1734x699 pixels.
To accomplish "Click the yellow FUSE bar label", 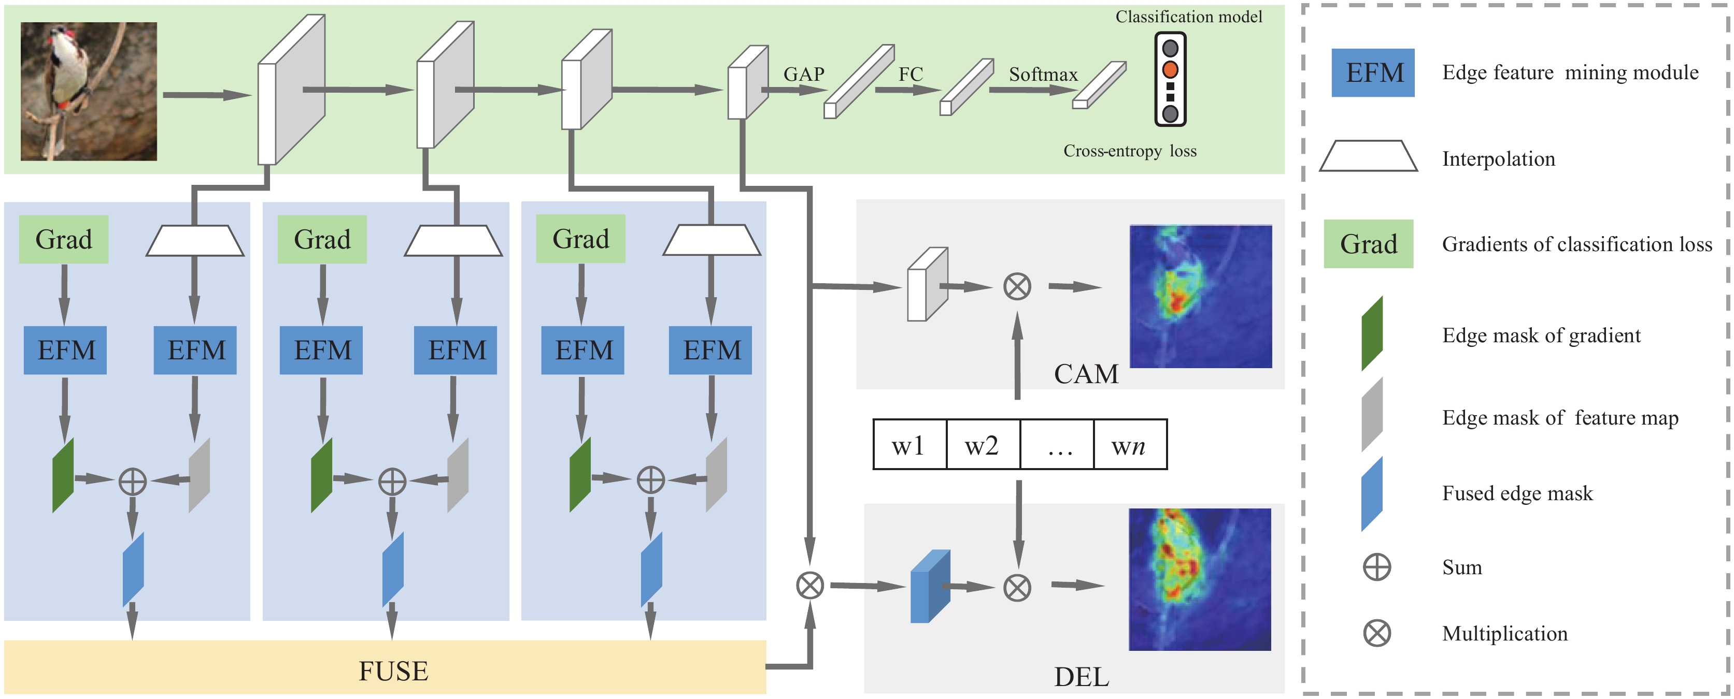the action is coord(393,671).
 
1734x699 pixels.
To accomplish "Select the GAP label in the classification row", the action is coord(804,74).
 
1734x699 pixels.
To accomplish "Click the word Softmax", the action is coord(1043,74).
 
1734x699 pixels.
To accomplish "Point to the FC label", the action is coord(910,74).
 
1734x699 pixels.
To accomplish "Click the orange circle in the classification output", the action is coord(1170,69).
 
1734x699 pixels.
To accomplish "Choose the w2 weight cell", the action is coord(983,445).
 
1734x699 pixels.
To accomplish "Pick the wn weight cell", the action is coord(1130,445).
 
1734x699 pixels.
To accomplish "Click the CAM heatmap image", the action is coord(1200,297).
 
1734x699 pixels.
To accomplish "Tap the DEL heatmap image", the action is coord(1200,579).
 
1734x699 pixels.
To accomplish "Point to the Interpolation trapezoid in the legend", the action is coord(1369,155).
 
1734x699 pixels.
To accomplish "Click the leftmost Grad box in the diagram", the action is coord(63,239).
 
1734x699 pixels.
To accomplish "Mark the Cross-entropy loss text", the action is coord(1130,151).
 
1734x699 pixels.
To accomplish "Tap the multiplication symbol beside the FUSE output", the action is coord(810,585).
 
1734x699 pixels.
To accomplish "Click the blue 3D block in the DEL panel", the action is coord(930,586).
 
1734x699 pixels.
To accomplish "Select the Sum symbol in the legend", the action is coord(1376,567).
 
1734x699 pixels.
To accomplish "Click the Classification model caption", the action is coord(1189,17).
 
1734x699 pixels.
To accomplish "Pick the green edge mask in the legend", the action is coord(1372,333).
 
